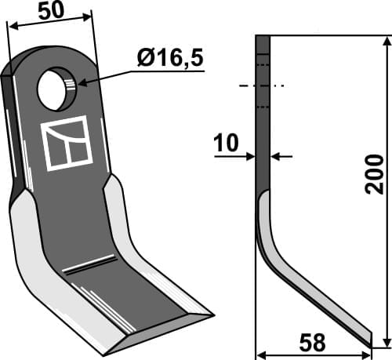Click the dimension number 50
[49, 11]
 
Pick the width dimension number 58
[314, 343]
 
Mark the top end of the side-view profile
[263, 38]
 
